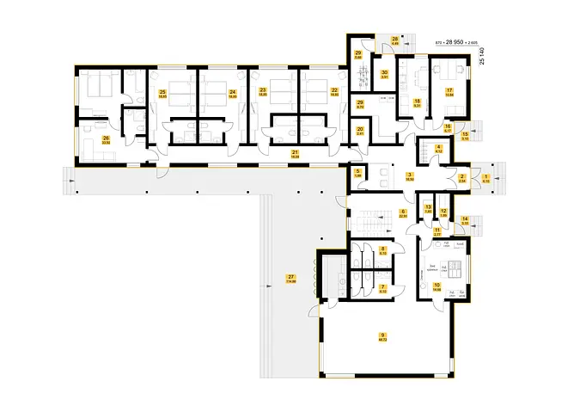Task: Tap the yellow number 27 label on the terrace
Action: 291,275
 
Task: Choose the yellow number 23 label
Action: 262,90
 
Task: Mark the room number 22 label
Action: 334,90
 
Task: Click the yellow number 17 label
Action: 449,90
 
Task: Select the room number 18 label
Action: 418,101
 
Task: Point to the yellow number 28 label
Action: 394,40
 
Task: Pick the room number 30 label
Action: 386,72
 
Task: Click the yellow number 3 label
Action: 411,175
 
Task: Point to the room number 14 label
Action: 465,219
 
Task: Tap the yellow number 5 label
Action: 357,172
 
